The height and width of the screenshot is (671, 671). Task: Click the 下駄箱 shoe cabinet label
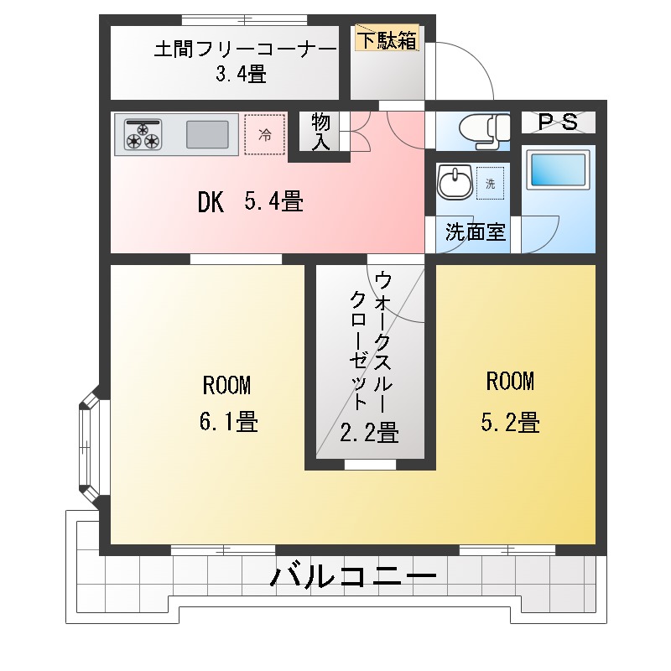(x=387, y=39)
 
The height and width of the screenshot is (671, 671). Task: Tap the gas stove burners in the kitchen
(x=143, y=135)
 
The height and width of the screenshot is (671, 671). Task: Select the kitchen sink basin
(x=207, y=135)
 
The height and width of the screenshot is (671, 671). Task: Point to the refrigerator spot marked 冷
(x=264, y=135)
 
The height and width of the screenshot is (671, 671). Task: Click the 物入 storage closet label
(x=320, y=132)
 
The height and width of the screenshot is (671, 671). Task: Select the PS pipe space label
(x=558, y=122)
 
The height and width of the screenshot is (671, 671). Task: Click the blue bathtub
(x=558, y=172)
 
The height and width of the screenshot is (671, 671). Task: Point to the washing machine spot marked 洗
(x=491, y=183)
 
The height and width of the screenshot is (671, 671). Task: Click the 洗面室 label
(x=475, y=232)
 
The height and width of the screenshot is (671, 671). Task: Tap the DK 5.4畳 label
(x=250, y=202)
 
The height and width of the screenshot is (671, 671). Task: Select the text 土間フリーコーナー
(x=245, y=49)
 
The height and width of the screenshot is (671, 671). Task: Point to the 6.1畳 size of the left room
(x=227, y=422)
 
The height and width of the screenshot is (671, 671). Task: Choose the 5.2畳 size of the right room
(x=509, y=422)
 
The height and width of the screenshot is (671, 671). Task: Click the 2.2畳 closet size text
(x=368, y=433)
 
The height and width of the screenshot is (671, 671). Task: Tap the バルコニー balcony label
(x=354, y=577)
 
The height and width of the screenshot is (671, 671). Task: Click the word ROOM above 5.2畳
(x=510, y=382)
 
